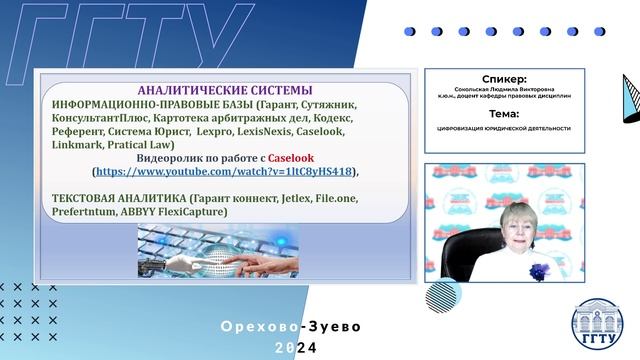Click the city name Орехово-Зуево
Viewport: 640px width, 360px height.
click(290, 326)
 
